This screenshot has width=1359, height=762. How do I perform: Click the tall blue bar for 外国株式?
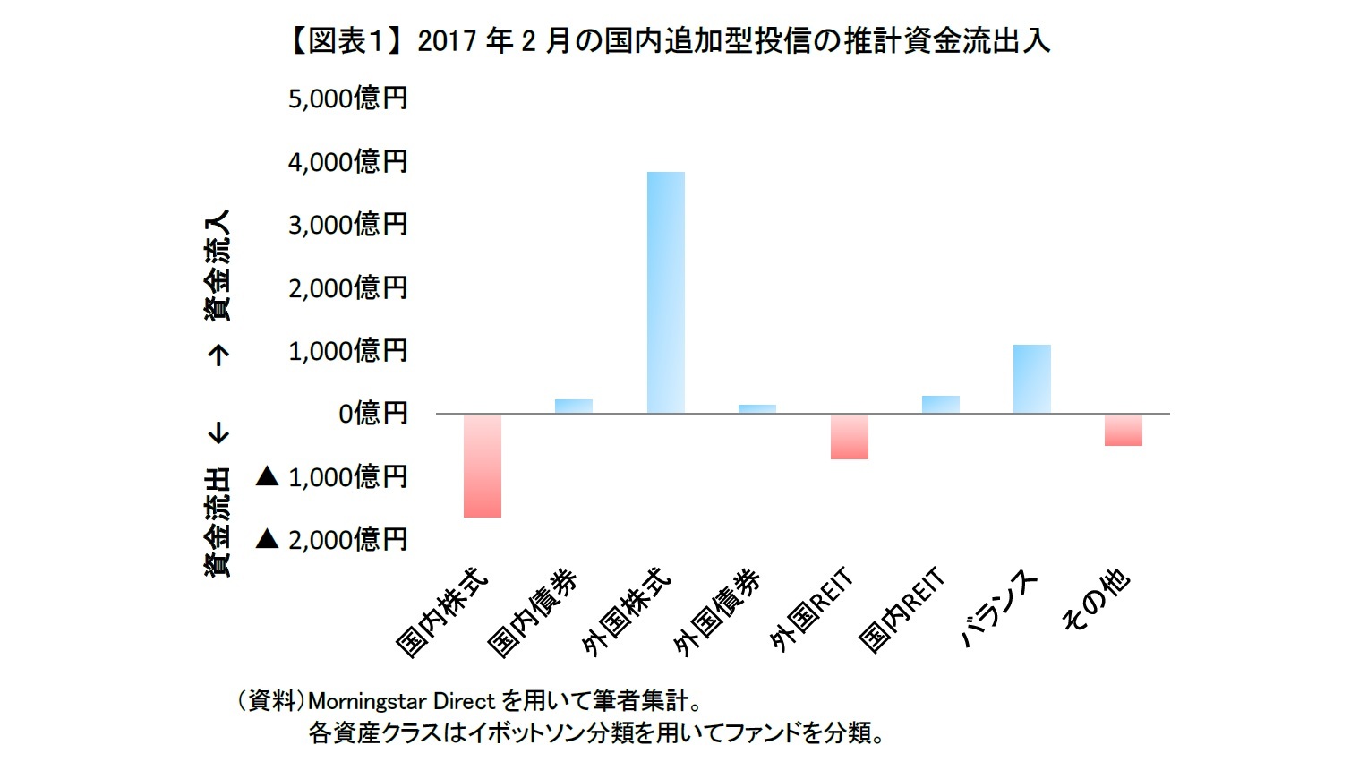pyautogui.click(x=665, y=292)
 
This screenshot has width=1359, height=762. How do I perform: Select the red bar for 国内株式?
pyautogui.click(x=482, y=466)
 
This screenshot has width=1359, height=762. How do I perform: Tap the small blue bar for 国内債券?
pyautogui.click(x=573, y=406)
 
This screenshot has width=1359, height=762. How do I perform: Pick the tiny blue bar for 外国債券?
pyautogui.click(x=756, y=408)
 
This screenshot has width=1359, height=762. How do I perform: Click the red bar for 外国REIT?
pyautogui.click(x=849, y=436)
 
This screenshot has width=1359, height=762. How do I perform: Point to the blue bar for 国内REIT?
pyautogui.click(x=940, y=404)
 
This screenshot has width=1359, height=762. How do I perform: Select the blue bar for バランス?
pyautogui.click(x=1031, y=379)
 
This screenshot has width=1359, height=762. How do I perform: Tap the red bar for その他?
pyautogui.click(x=1123, y=430)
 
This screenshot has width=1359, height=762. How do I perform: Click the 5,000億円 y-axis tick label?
pyautogui.click(x=347, y=98)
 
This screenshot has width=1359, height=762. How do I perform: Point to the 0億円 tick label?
pyautogui.click(x=372, y=413)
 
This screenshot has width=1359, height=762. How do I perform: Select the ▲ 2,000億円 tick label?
pyautogui.click(x=331, y=539)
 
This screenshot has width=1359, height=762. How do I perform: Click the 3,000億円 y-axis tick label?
pyautogui.click(x=347, y=224)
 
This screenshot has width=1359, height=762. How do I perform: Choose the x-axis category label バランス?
pyautogui.click(x=998, y=609)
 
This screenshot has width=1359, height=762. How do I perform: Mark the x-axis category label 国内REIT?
pyautogui.click(x=901, y=609)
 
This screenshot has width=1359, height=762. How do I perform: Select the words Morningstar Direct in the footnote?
pyautogui.click(x=400, y=700)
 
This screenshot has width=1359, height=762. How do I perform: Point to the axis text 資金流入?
pyautogui.click(x=217, y=265)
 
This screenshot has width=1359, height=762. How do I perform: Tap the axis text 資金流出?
pyautogui.click(x=217, y=521)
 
